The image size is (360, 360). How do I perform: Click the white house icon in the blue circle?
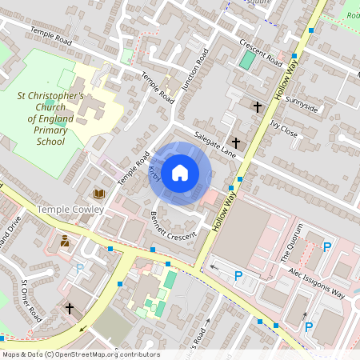point(180,172)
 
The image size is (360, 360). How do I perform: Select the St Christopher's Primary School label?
point(50,118)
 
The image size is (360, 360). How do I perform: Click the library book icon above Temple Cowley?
point(99,194)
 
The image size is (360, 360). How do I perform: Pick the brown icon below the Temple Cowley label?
point(65,240)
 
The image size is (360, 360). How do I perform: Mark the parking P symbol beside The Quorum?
point(326,247)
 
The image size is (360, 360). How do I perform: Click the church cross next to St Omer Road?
point(70,307)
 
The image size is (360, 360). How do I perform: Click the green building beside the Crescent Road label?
point(248,60)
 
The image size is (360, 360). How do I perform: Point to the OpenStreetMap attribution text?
point(80,354)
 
